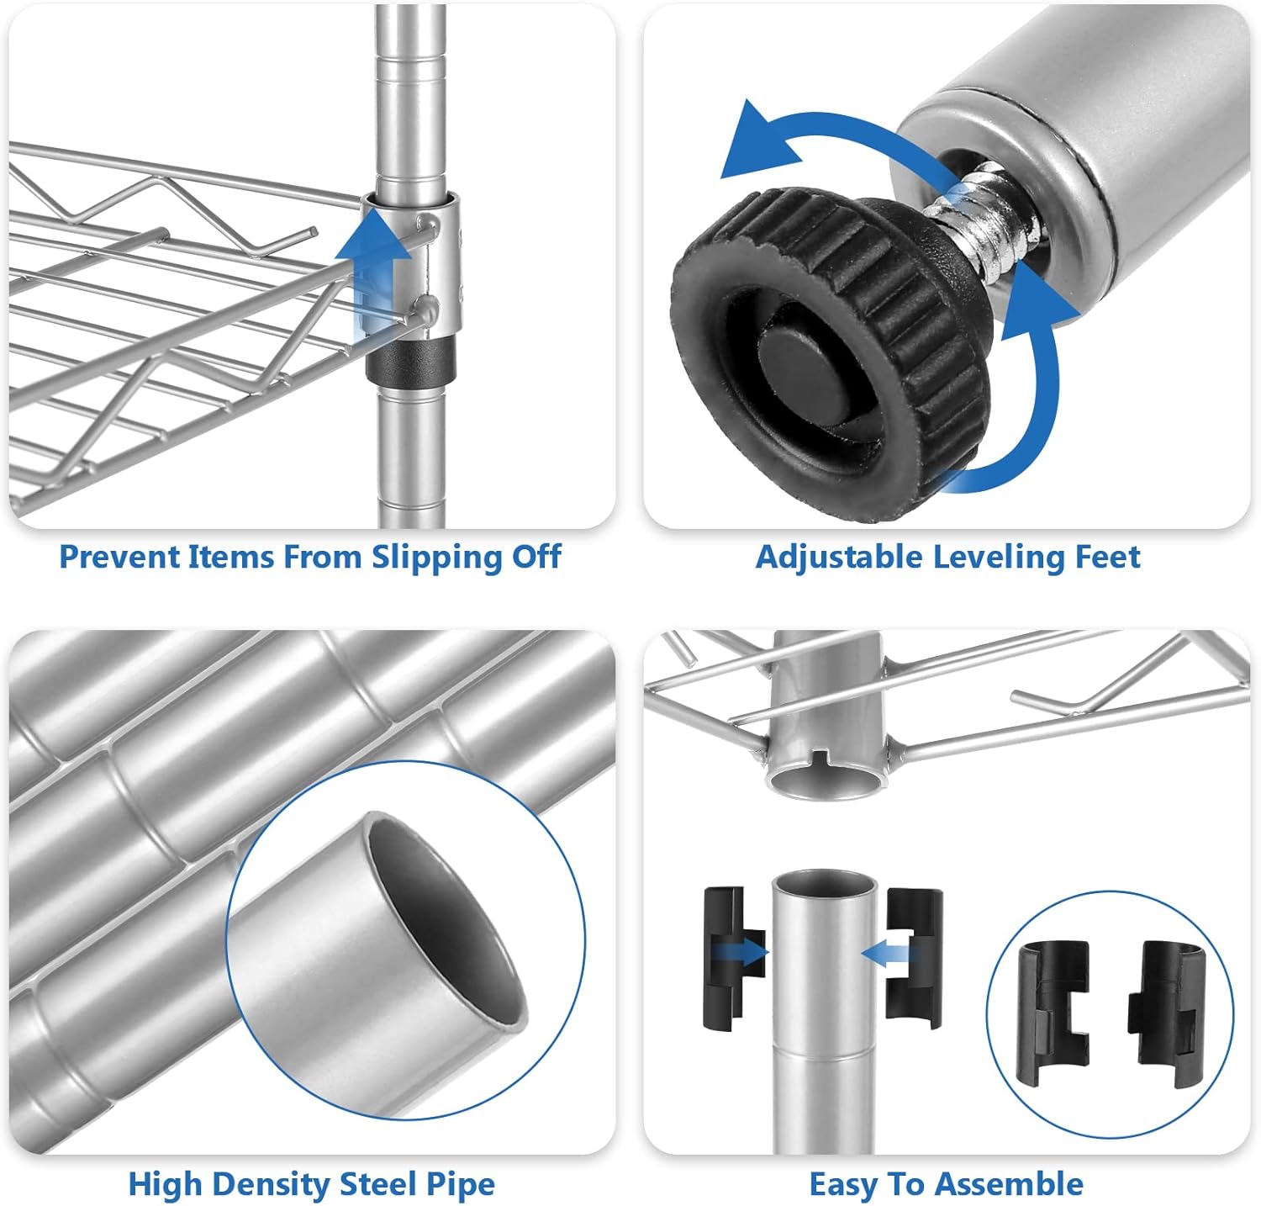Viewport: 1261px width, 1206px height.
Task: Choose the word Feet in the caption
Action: (1108, 557)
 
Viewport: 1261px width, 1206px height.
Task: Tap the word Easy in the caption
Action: (842, 1185)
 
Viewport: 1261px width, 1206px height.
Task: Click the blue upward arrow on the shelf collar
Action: (366, 269)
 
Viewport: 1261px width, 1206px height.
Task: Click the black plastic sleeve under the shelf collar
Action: (410, 360)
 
